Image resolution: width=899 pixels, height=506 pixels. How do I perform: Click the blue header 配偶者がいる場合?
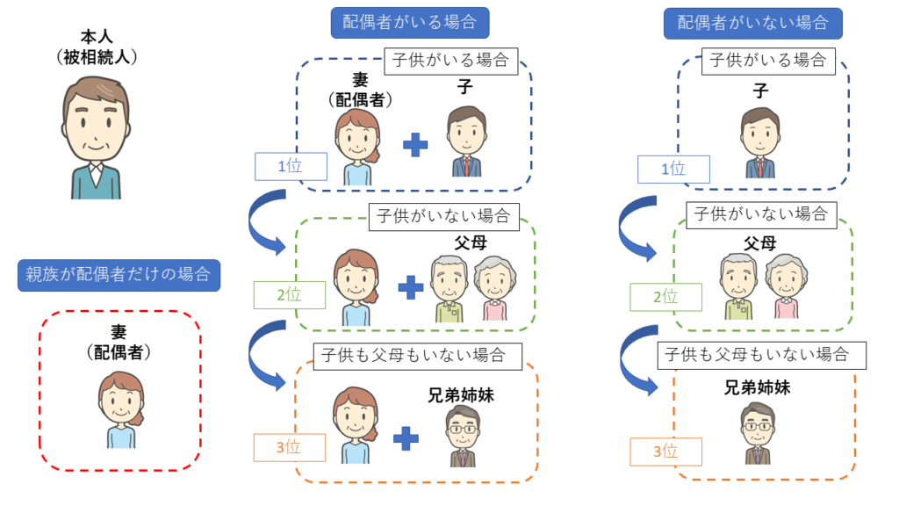[x=409, y=22]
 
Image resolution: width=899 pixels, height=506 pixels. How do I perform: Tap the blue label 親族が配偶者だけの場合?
[x=119, y=276]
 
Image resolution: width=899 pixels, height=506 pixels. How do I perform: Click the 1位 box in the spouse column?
[x=291, y=166]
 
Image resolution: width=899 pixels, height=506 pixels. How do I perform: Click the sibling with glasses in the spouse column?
[x=462, y=435]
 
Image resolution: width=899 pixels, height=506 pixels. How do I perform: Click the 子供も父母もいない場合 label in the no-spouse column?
[x=762, y=355]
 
